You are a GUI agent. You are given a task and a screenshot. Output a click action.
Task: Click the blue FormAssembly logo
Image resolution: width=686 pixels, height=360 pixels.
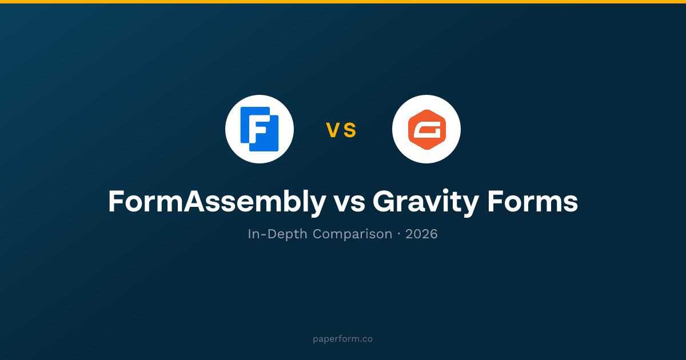[x=260, y=129]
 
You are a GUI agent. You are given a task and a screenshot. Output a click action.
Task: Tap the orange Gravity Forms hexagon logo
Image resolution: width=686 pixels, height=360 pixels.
[x=426, y=129]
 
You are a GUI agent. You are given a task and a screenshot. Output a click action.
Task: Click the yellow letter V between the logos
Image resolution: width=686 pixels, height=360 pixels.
[x=332, y=130]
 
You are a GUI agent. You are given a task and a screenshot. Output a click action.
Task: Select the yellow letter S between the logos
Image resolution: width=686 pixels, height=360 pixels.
[x=350, y=130]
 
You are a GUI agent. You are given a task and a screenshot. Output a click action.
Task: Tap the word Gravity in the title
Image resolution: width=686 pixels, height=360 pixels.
[x=426, y=203]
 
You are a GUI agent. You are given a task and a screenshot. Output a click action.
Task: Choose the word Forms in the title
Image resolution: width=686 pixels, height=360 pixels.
[x=533, y=201]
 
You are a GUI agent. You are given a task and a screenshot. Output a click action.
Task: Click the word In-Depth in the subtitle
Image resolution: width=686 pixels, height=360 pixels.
[x=277, y=234]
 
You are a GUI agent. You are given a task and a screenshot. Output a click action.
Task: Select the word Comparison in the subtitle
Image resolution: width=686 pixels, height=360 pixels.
[x=353, y=234]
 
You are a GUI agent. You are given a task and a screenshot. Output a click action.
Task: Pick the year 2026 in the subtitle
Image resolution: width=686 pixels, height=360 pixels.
[x=421, y=234]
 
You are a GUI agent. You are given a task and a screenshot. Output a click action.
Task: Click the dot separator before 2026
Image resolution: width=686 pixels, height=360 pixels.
[x=399, y=234]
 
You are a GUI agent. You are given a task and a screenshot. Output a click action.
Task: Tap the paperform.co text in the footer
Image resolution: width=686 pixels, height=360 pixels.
[x=342, y=339]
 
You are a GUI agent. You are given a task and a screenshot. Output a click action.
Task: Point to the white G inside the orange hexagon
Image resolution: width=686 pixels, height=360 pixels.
[x=427, y=130]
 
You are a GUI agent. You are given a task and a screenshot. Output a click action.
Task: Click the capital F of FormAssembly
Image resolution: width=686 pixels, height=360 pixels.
[x=116, y=201]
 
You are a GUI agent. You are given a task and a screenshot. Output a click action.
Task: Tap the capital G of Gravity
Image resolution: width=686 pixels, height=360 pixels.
[x=384, y=201]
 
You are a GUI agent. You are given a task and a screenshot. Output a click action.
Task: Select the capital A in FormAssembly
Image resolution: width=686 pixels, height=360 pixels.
[x=194, y=201]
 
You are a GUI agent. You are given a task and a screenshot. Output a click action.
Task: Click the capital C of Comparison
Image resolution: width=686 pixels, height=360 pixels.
[x=318, y=234]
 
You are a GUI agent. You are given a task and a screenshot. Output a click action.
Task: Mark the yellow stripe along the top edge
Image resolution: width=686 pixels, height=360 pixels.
[x=343, y=2]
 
